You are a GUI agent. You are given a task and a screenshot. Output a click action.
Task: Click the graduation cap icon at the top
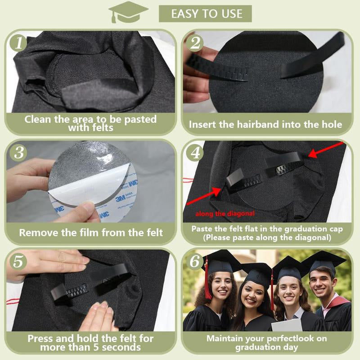tap(128, 12)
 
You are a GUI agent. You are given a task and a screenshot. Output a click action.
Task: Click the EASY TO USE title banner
tap(205, 14)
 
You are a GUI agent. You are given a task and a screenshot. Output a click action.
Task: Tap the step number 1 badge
tap(18, 43)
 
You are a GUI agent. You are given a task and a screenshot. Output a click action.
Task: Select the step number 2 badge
tap(195, 43)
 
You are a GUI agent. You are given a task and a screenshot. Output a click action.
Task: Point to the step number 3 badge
tap(18, 153)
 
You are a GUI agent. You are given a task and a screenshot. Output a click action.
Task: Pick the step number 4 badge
tap(195, 153)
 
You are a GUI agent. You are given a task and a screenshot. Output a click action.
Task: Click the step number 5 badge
tap(18, 261)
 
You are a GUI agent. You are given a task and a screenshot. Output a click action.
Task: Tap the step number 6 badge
tap(195, 261)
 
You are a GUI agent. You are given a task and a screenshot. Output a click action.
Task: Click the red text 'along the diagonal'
tap(225, 214)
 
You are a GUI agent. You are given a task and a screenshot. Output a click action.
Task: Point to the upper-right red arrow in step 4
tap(325, 150)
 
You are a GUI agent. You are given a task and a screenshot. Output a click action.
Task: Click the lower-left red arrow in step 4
tap(204, 196)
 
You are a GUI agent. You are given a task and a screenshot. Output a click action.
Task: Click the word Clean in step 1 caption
tap(38, 119)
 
